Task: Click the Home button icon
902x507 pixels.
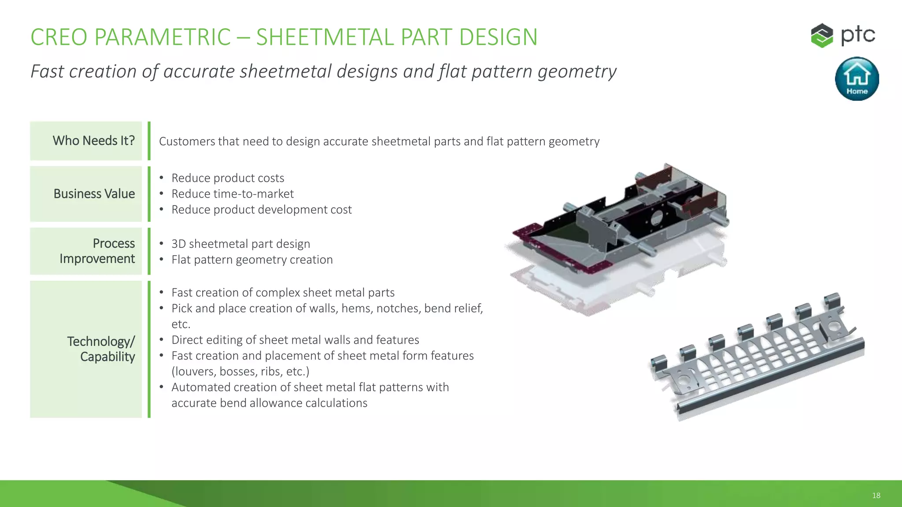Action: (x=857, y=79)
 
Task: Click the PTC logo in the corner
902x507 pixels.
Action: (x=843, y=35)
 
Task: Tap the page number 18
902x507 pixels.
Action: (x=876, y=496)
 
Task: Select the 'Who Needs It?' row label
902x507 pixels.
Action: (x=93, y=141)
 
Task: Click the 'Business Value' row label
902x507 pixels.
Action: (x=94, y=194)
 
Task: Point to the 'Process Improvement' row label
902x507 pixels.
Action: (x=97, y=251)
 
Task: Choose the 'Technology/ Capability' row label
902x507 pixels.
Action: (x=101, y=349)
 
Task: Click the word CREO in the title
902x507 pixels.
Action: (x=59, y=37)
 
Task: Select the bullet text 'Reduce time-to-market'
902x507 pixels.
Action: (x=232, y=194)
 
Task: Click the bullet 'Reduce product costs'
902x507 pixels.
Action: (x=228, y=178)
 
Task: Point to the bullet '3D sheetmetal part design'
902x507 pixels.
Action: (x=240, y=244)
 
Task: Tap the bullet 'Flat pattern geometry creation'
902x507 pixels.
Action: (x=252, y=260)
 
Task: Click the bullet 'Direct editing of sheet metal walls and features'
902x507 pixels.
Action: (x=295, y=340)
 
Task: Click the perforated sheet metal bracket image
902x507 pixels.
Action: (x=758, y=356)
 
